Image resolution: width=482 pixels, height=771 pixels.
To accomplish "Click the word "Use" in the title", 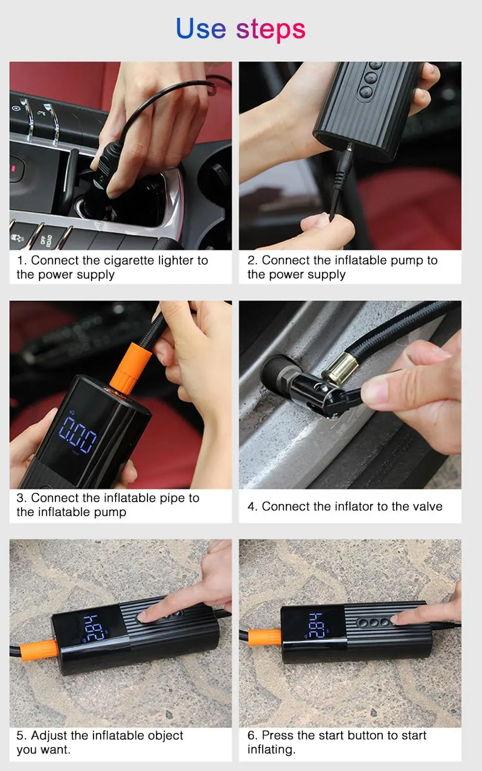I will pyautogui.click(x=200, y=29).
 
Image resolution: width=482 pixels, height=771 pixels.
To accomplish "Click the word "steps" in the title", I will pyautogui.click(x=271, y=30).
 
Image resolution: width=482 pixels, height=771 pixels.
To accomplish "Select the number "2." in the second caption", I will pyautogui.click(x=252, y=261).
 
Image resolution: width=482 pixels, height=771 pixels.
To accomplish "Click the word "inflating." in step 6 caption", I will pyautogui.click(x=271, y=749).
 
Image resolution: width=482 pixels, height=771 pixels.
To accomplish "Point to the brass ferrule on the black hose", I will pyautogui.click(x=339, y=368).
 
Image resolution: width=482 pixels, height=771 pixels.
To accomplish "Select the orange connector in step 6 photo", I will pyautogui.click(x=265, y=637).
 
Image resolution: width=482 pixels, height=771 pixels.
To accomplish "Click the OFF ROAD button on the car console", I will pyautogui.click(x=47, y=238).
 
